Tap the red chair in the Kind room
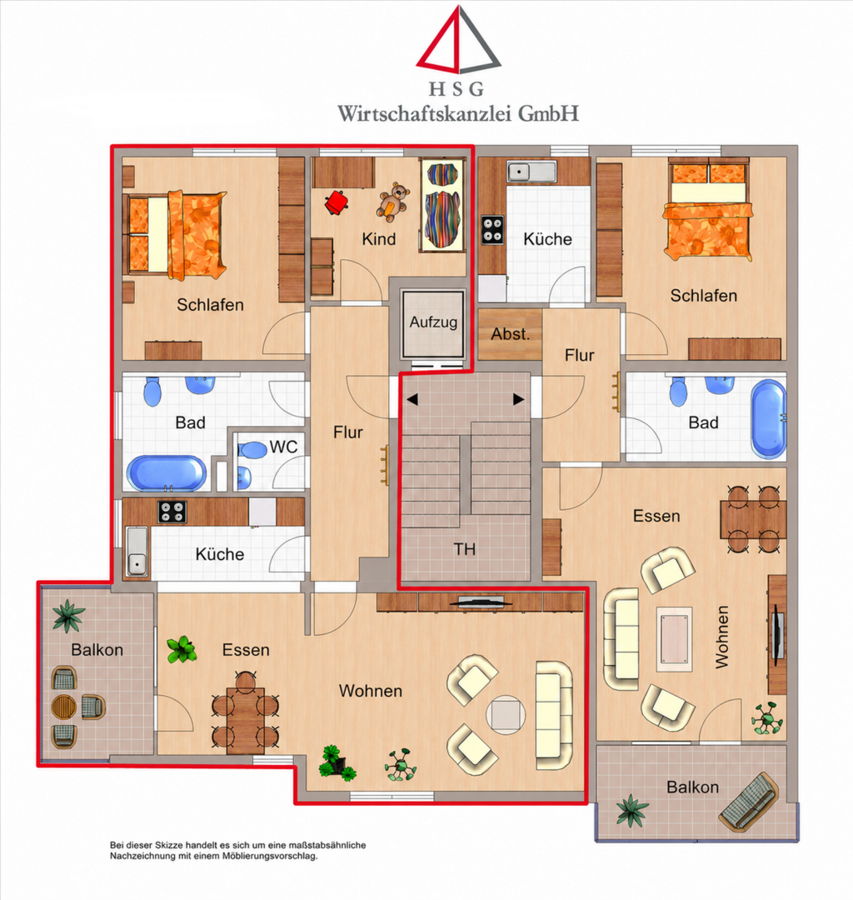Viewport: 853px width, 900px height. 337,202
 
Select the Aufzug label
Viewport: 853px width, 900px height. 433,322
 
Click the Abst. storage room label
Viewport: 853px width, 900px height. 510,333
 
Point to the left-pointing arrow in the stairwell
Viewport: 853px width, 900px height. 412,399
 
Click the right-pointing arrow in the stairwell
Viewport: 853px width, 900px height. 519,399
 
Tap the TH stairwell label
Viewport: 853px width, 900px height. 465,549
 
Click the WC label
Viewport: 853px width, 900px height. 283,447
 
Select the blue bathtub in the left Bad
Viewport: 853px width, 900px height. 166,473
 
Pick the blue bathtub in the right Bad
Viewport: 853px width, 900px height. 769,419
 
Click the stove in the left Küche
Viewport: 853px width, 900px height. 172,512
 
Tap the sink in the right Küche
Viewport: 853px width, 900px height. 531,172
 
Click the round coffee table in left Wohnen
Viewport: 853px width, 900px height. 506,715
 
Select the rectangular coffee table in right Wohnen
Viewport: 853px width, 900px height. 675,639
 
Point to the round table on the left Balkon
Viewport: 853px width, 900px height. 63,707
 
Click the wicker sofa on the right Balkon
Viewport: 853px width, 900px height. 749,802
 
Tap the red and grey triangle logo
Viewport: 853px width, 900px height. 458,40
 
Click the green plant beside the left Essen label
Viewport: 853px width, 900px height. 182,649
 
